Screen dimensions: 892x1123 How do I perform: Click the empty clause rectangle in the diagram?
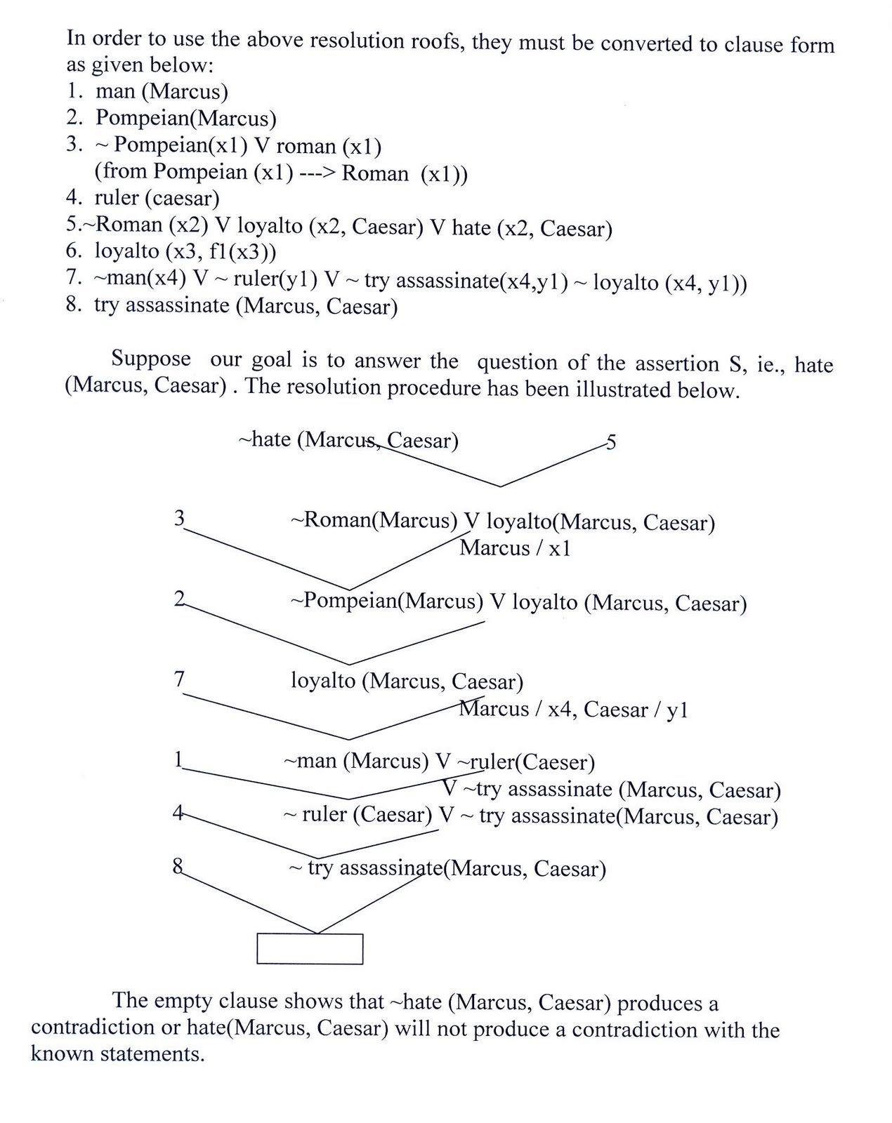tap(310, 949)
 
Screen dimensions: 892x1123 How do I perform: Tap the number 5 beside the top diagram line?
tap(611, 442)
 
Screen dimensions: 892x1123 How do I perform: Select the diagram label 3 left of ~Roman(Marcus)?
tap(179, 518)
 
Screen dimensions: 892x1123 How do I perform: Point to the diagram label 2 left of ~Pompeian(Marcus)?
tap(179, 598)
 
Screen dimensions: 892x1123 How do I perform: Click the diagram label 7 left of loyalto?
tap(179, 679)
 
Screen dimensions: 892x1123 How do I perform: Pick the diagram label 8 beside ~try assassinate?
tap(178, 866)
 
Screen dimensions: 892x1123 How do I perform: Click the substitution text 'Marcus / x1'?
tap(515, 548)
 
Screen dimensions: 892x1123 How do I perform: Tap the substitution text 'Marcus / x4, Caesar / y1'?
tap(573, 709)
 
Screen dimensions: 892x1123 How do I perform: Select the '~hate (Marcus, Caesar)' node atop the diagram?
tap(348, 440)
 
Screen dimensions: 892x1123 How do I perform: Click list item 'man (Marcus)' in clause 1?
tap(162, 92)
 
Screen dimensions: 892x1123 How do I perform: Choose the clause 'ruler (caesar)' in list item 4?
tap(157, 199)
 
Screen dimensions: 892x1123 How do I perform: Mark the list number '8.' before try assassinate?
tap(74, 304)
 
